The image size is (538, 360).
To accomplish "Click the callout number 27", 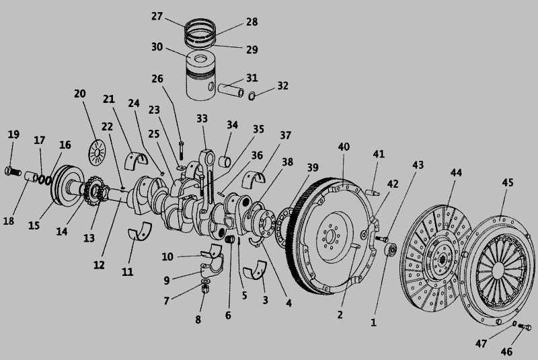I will click(157, 16).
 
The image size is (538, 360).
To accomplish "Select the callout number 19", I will click(13, 134).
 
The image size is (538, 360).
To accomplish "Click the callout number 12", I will click(99, 265).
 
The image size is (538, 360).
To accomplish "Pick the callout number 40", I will click(344, 147).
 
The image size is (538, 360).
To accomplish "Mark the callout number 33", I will click(202, 118).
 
